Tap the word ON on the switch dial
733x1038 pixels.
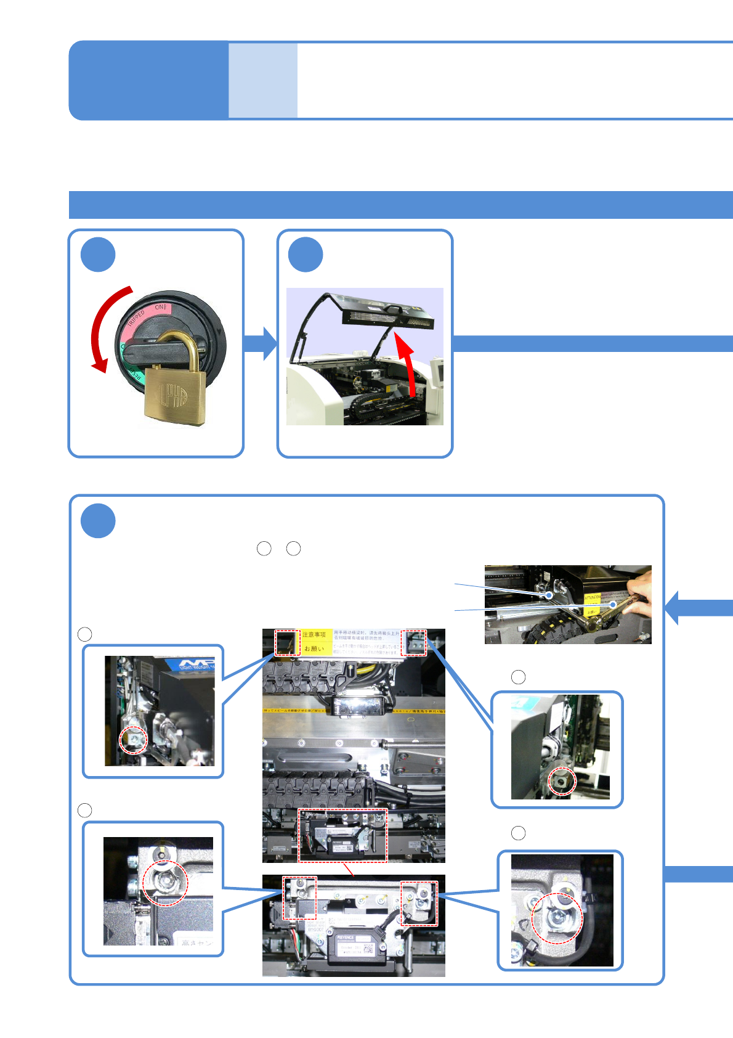(160, 307)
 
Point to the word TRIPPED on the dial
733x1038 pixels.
(136, 319)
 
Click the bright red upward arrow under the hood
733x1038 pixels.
(407, 364)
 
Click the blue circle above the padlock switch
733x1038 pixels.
(98, 255)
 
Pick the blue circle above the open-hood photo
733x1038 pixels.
(306, 255)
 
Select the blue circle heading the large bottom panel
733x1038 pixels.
(98, 521)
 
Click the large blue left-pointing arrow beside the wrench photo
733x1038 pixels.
(696, 608)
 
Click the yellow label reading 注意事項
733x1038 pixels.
(314, 635)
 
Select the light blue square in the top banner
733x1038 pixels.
(263, 80)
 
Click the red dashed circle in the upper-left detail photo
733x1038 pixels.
(134, 739)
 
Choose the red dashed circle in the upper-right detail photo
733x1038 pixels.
(562, 781)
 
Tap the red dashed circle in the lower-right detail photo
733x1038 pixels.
(557, 918)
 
